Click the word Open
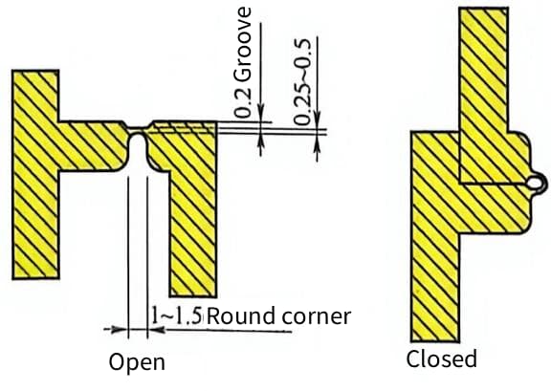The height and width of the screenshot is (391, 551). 137,362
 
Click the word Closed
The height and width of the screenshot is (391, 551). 442,358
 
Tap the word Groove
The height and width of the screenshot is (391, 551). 242,44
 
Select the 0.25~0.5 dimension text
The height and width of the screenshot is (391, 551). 302,81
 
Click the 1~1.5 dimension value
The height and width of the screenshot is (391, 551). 177,315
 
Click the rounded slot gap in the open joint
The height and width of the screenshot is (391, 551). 138,152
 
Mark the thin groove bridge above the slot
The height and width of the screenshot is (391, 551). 138,128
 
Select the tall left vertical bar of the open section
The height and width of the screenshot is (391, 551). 35,175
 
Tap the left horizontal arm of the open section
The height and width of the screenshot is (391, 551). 92,146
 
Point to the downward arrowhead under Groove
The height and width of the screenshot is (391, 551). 261,113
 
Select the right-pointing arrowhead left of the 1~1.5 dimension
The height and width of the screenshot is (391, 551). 119,330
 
